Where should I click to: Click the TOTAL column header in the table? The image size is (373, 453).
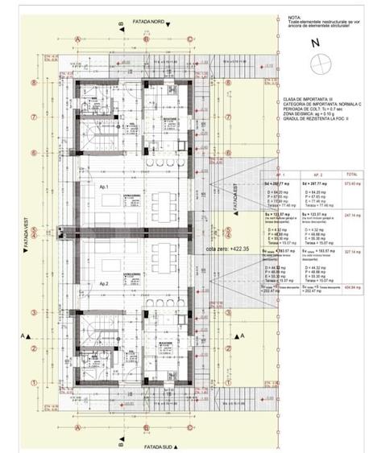coord(351,174)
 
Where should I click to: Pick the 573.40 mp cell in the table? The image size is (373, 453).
coord(351,183)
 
